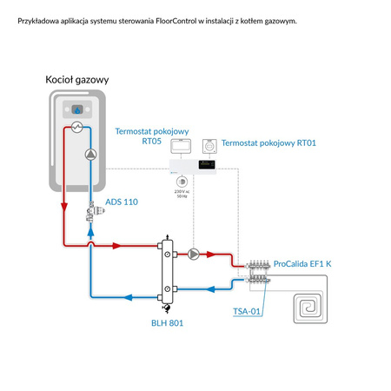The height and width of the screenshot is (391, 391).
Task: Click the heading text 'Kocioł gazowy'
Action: [76, 80]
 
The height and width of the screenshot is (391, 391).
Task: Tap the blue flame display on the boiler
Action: [76, 109]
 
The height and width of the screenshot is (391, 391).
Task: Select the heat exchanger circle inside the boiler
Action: [76, 128]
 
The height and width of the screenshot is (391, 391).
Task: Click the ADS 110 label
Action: [121, 202]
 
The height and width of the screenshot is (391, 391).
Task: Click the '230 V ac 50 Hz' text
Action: [181, 194]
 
